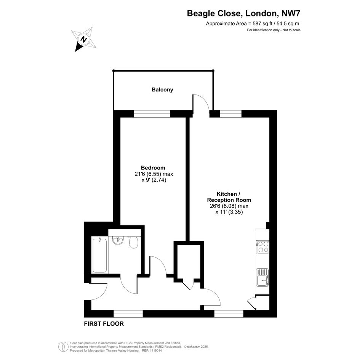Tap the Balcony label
tap(162, 90)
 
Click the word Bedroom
tap(153, 168)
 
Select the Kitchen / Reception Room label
tap(229, 197)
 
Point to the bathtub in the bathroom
tap(99, 255)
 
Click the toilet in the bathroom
tap(133, 242)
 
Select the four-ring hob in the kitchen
tap(262, 247)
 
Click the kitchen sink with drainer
tap(262, 277)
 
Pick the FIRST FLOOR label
tap(104, 324)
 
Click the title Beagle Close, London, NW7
tap(243, 13)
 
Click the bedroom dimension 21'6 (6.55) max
tap(154, 174)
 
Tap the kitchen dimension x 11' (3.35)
tap(229, 212)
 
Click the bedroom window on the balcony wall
tap(152, 114)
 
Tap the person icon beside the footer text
tap(63, 347)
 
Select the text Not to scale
tap(291, 30)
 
